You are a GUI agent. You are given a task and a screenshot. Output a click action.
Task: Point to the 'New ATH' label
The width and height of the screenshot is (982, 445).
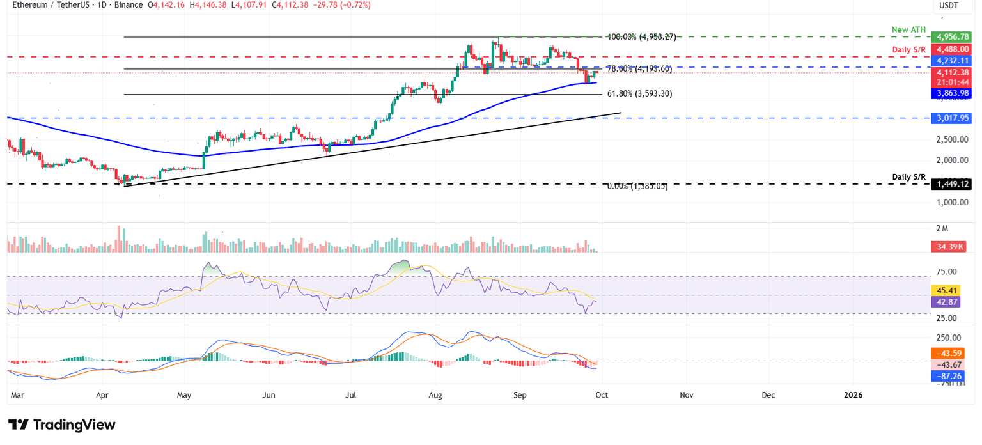point(908,29)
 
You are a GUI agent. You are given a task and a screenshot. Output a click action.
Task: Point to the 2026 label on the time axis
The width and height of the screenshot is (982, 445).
point(853,395)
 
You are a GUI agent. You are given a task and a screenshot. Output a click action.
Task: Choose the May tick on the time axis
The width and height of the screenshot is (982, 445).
point(184,395)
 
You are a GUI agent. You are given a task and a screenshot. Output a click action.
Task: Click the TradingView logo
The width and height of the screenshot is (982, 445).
point(62,425)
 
